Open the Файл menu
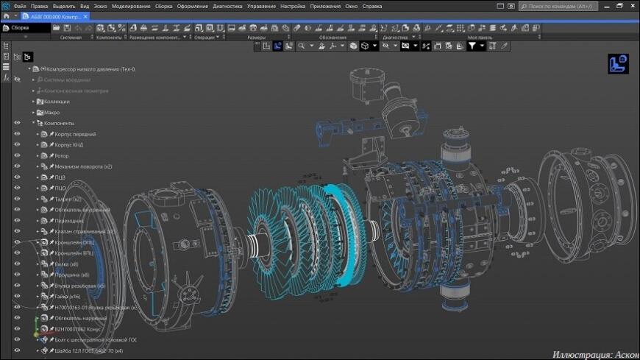click(20, 6)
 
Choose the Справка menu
click(371, 6)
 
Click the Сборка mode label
click(20, 28)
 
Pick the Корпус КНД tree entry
click(71, 145)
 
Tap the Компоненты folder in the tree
click(59, 123)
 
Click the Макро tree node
click(52, 113)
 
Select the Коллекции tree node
click(57, 102)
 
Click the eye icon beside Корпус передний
click(16, 135)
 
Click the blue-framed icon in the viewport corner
click(617, 64)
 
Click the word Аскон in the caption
click(622, 354)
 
